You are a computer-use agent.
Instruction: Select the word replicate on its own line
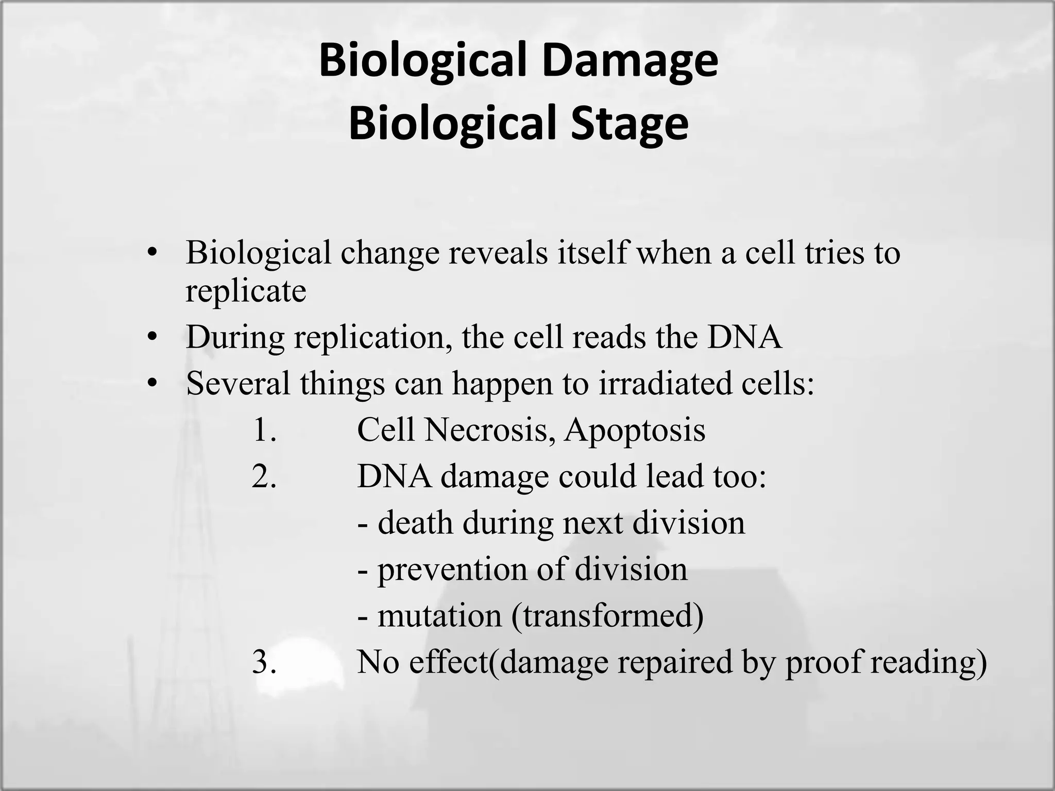coord(246,291)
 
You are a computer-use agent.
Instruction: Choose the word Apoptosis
coord(635,430)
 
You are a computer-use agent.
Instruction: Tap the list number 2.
coord(264,477)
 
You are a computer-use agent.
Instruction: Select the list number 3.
coord(264,662)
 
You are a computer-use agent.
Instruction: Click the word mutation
coord(439,615)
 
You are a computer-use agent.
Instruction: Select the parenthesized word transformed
coord(607,616)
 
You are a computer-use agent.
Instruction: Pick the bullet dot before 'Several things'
coord(151,384)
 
